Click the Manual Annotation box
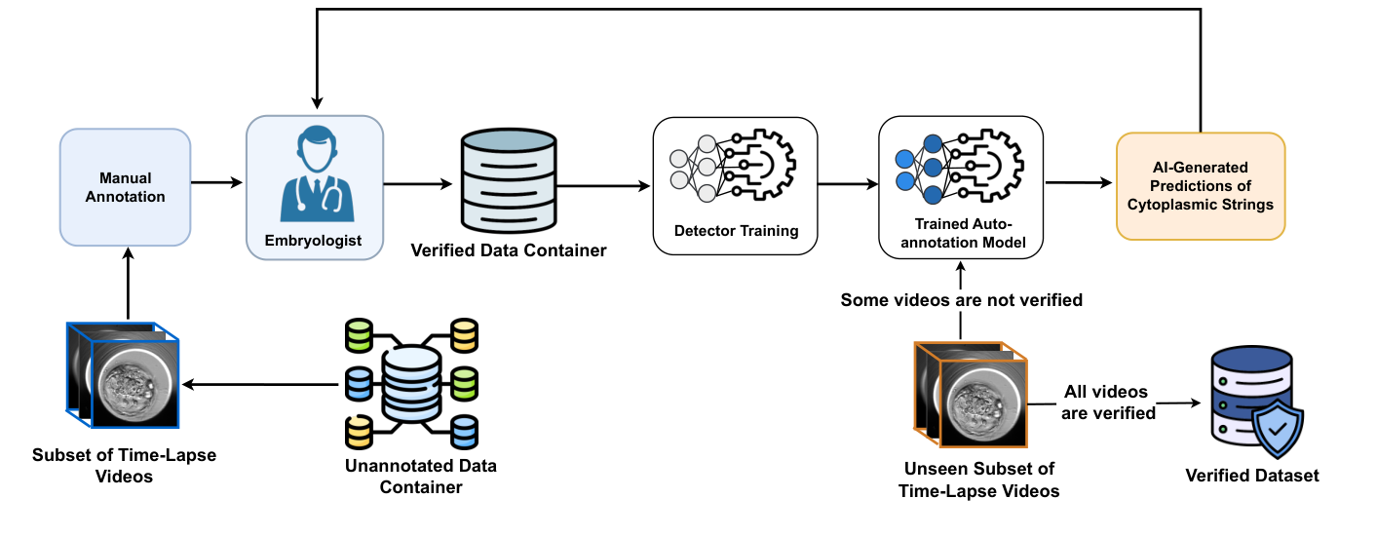click(x=125, y=186)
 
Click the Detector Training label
click(x=736, y=232)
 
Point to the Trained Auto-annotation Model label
click(x=960, y=234)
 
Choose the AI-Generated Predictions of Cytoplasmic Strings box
click(x=1201, y=186)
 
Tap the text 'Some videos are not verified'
click(x=961, y=300)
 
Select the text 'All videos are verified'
click(x=1105, y=403)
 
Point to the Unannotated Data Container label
click(x=420, y=476)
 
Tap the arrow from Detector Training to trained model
click(x=848, y=182)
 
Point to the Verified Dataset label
click(x=1251, y=476)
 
